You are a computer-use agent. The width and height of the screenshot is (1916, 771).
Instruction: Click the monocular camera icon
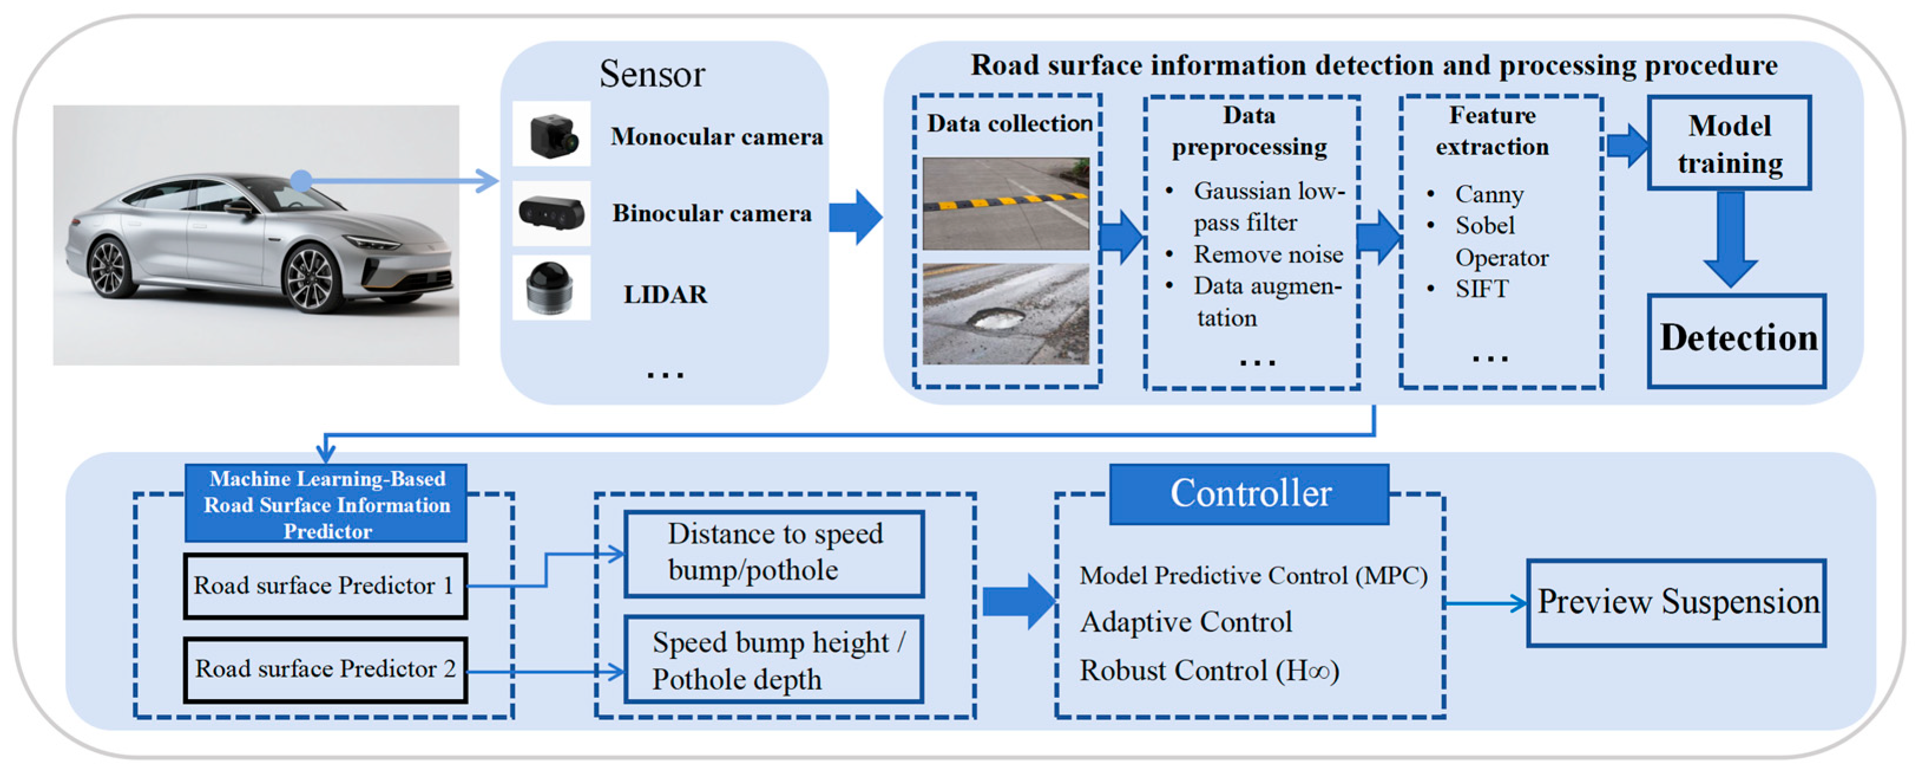click(551, 134)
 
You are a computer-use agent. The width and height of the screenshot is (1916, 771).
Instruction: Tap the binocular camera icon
click(551, 214)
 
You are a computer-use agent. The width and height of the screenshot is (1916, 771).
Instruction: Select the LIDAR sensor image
click(551, 288)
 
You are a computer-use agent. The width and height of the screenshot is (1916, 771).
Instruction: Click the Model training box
click(1729, 143)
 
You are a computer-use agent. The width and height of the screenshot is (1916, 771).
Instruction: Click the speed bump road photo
click(1006, 203)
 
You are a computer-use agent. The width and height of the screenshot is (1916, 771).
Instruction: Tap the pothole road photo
click(1006, 313)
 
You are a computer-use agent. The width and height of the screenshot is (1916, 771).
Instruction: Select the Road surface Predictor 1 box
click(325, 586)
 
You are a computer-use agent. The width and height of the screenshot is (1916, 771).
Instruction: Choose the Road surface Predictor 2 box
click(325, 669)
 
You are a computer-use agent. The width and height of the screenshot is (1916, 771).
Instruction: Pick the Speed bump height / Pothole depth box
click(773, 660)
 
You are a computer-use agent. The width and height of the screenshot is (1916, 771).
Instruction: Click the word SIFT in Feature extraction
click(1481, 288)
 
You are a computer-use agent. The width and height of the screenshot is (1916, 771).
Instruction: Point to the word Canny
click(1489, 194)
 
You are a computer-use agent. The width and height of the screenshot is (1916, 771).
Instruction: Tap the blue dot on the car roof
click(301, 180)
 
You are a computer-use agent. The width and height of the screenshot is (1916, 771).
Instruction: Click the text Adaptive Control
click(1186, 622)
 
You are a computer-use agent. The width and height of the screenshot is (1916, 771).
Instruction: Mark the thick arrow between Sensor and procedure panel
click(855, 217)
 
